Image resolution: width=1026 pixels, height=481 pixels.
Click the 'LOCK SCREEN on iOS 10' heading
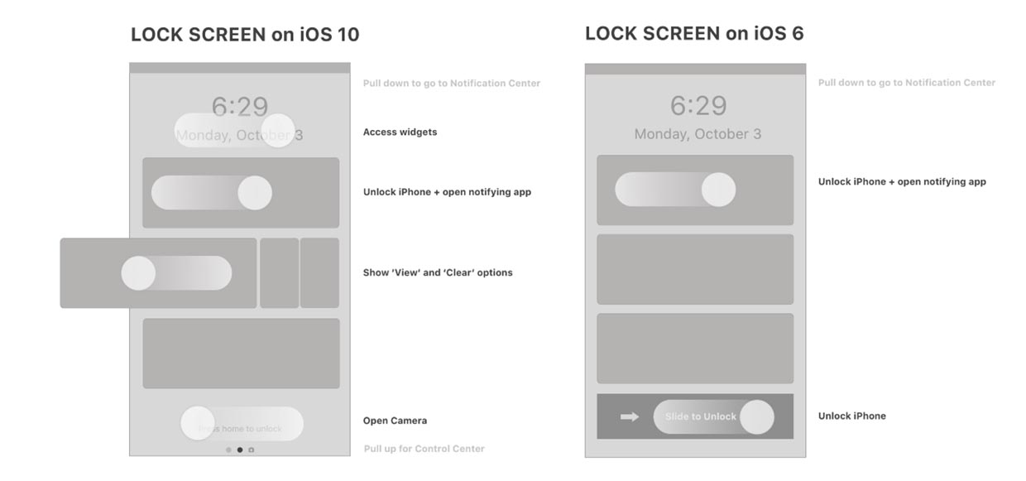pos(245,35)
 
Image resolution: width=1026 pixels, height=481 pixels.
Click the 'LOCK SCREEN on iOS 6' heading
pos(694,33)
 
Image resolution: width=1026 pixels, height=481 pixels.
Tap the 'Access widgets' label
pos(400,132)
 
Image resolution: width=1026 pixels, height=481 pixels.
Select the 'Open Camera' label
pos(395,421)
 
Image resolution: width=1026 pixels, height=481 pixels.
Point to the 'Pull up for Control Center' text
pos(424,449)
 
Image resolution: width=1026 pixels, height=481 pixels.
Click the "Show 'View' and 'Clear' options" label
pos(438,272)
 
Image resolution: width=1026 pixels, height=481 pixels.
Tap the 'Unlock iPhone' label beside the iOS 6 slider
pos(851,416)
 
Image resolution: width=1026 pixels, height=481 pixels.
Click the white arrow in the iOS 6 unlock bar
pos(630,416)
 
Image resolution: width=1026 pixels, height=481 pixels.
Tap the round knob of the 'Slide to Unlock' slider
pos(756,417)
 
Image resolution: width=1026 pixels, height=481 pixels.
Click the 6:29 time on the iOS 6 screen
pos(698,106)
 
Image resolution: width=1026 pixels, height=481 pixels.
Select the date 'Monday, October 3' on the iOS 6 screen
pos(698,134)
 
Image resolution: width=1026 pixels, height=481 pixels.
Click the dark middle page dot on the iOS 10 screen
pos(240,450)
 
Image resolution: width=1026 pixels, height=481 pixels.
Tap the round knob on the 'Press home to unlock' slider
pos(198,423)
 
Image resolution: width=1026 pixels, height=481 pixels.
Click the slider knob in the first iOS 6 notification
pos(718,190)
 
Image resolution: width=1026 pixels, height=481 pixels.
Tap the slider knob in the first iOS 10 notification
pos(255,193)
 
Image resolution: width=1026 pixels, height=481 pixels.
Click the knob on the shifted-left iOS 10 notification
pos(138,273)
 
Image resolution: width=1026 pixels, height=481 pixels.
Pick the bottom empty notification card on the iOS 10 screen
pos(241,354)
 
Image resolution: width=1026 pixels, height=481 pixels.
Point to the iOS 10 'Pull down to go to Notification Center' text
pos(451,84)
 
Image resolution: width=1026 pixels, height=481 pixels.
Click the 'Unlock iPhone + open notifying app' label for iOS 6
pos(902,182)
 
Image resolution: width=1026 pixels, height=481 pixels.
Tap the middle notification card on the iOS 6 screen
pos(695,269)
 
